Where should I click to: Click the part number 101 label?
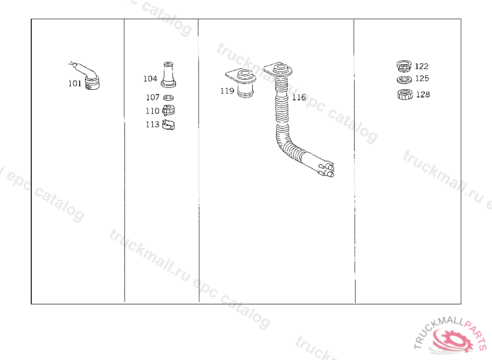click(x=75, y=84)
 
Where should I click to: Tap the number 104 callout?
click(x=150, y=79)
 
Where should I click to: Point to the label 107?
click(x=153, y=97)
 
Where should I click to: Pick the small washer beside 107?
click(x=169, y=98)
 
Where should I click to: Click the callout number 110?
click(x=152, y=111)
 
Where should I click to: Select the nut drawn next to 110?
click(x=169, y=110)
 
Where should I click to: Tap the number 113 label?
click(x=152, y=124)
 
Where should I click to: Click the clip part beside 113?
click(x=169, y=125)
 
